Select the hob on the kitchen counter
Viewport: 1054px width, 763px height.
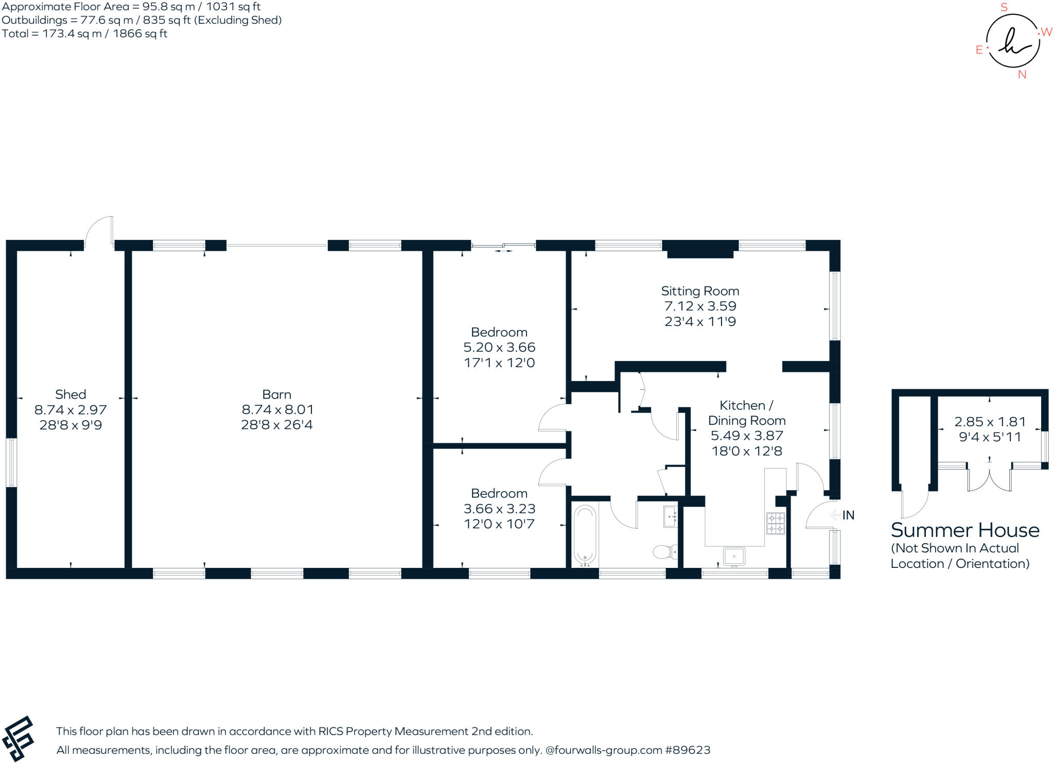point(776,523)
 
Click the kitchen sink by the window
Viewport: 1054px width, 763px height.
point(734,557)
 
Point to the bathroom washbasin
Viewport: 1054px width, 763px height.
point(670,517)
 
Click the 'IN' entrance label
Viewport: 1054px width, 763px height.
point(848,515)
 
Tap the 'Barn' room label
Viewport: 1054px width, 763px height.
point(276,394)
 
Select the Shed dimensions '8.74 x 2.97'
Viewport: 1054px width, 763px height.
point(71,410)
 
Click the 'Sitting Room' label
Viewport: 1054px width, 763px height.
point(700,291)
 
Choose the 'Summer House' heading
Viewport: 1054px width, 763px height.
point(965,530)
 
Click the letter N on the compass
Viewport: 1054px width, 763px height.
point(1022,75)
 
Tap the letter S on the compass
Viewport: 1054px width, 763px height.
point(1004,8)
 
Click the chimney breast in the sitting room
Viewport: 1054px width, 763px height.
point(700,249)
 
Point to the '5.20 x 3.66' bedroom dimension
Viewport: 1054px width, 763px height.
point(499,347)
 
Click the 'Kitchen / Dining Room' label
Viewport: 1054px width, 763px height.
point(746,413)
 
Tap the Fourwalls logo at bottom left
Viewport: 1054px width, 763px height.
point(19,738)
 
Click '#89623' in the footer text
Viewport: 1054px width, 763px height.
point(688,750)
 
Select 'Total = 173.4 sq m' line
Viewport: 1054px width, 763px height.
point(85,34)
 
